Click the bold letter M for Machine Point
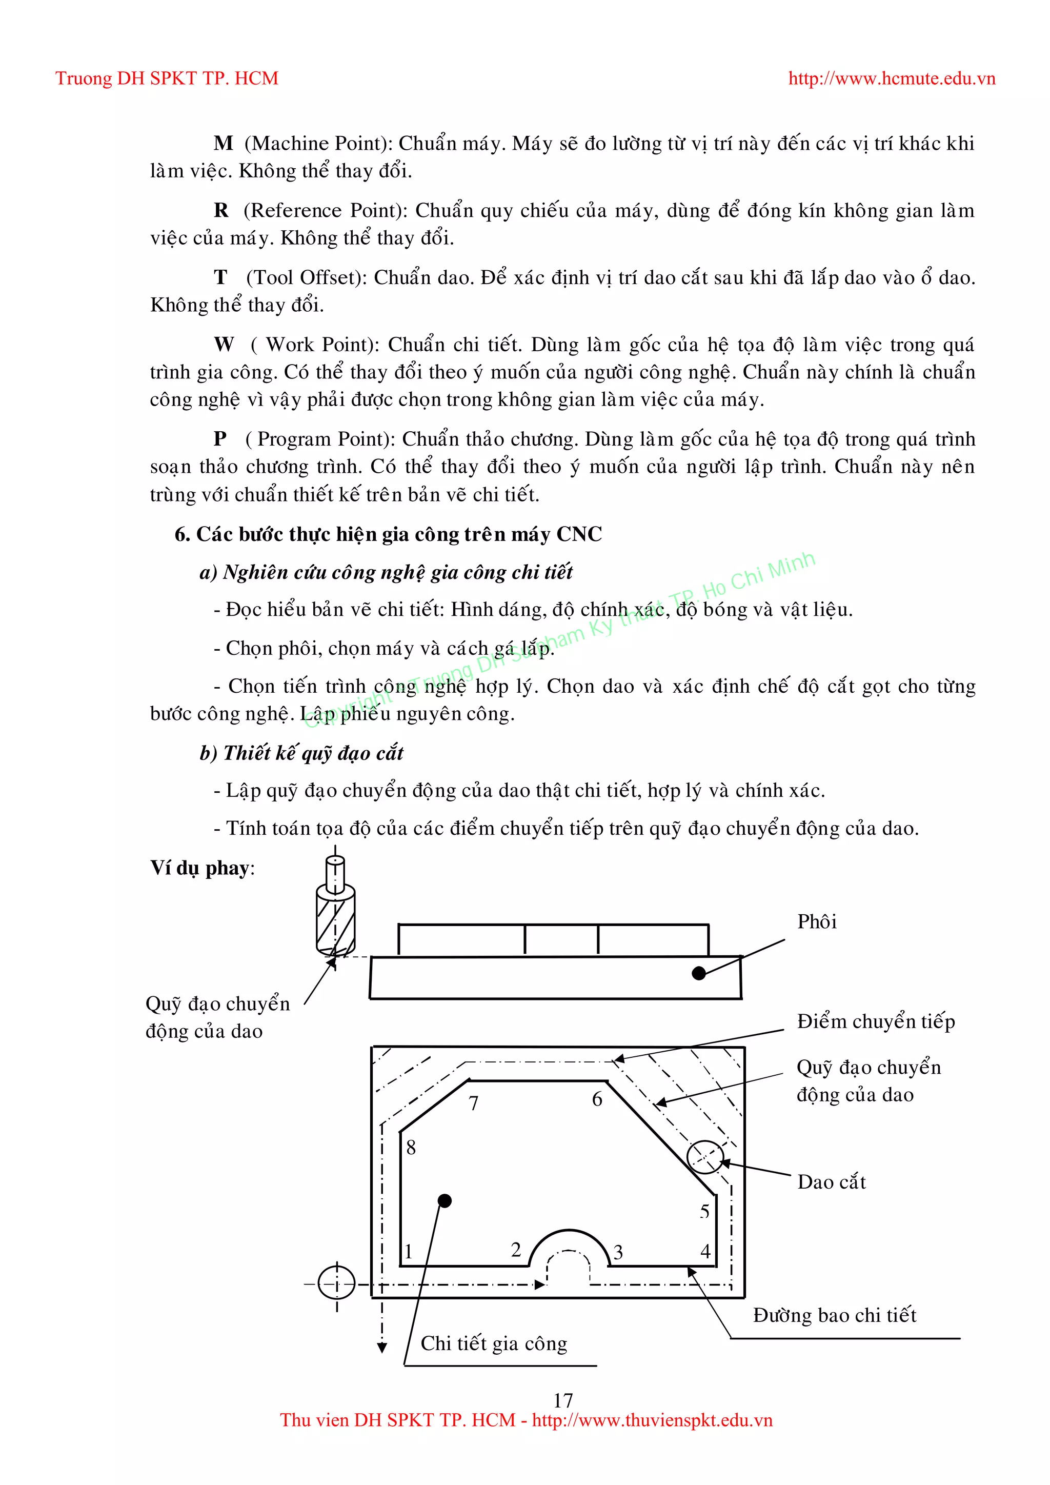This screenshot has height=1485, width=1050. tap(223, 144)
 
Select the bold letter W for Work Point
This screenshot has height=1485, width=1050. tap(224, 345)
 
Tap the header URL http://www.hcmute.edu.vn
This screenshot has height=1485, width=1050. tap(892, 79)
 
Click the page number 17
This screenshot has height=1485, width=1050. tap(562, 1400)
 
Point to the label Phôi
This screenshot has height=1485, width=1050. tap(817, 921)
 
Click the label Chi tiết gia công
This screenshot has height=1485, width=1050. tap(494, 1343)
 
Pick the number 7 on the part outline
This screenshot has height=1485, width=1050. tap(474, 1103)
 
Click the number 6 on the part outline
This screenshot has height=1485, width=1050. tap(597, 1099)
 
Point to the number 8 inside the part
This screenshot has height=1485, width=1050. tap(411, 1148)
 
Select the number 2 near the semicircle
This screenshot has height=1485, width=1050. tap(515, 1250)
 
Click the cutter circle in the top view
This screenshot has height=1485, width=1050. tap(705, 1156)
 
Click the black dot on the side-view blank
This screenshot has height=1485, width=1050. tap(698, 973)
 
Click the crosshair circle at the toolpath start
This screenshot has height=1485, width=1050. tap(337, 1282)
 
